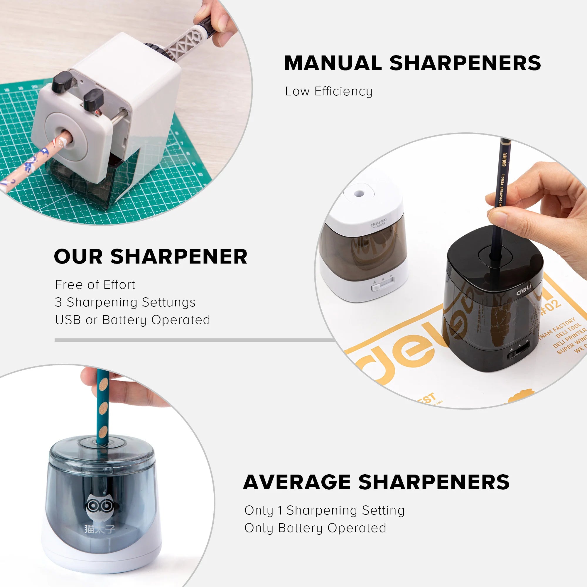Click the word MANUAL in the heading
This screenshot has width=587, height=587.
click(x=333, y=63)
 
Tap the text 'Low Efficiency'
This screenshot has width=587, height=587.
click(x=328, y=92)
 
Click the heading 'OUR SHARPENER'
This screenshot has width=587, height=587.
click(x=150, y=257)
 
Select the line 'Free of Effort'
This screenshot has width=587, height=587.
click(x=95, y=285)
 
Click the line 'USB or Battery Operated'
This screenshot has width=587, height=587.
click(x=132, y=320)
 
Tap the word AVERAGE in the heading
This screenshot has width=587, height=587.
click(x=296, y=483)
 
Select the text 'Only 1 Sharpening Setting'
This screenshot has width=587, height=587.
click(x=324, y=511)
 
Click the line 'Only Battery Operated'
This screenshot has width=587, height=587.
click(x=315, y=528)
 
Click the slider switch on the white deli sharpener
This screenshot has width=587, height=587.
click(x=377, y=287)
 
